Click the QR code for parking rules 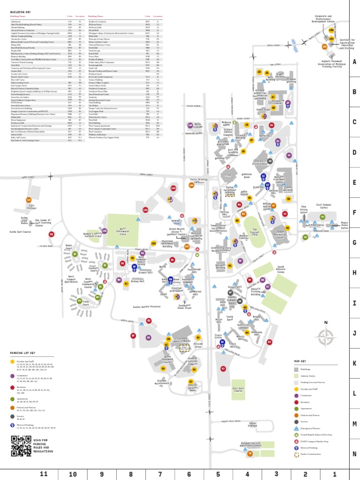point(21,446)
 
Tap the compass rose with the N point(326,336)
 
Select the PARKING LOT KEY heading point(22,353)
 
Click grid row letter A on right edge point(354,61)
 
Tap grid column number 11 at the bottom point(44,474)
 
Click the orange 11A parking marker point(191,185)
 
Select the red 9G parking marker point(52,234)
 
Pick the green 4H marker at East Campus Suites point(322,217)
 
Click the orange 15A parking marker point(324,46)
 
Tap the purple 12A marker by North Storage point(190,126)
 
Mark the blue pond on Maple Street point(294,45)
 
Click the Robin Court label point(69,246)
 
